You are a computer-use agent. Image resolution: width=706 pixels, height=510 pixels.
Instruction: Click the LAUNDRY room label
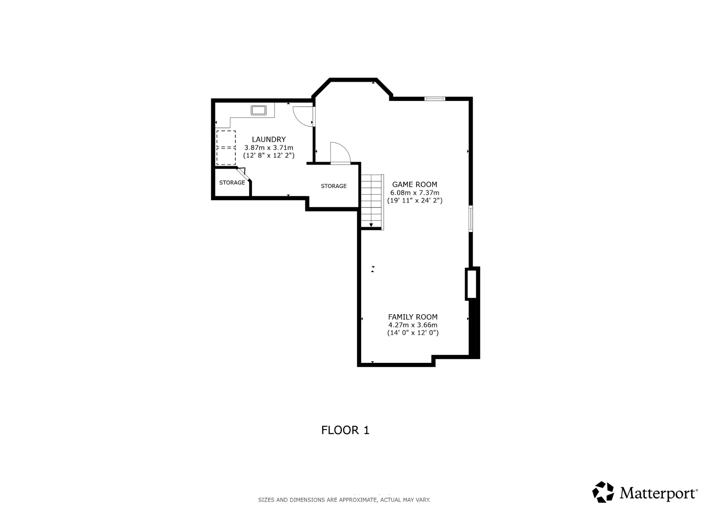click(269, 139)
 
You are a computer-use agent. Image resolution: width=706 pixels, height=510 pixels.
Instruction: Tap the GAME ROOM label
click(415, 184)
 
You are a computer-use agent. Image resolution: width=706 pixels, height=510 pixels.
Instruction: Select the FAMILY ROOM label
click(413, 317)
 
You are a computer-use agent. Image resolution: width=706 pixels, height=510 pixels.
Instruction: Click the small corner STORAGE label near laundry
click(232, 182)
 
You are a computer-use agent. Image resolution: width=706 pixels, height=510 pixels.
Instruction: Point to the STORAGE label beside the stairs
click(333, 186)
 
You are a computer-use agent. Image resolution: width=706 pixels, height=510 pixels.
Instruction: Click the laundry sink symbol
click(258, 110)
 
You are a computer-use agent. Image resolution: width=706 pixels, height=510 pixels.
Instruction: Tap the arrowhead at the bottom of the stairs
click(371, 225)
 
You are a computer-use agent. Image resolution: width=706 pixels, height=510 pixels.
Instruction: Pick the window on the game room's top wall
click(435, 99)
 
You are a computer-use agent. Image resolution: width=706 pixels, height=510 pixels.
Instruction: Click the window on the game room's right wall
click(471, 218)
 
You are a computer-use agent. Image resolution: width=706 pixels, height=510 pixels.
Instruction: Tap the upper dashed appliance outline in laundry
click(226, 139)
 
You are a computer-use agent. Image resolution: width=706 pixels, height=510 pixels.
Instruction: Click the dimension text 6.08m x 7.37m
click(415, 193)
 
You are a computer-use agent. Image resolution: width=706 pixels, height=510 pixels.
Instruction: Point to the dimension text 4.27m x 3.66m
click(413, 325)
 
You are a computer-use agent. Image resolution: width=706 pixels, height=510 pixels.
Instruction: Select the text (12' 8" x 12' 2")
click(269, 155)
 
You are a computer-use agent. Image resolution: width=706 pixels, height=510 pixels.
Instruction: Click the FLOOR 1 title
click(345, 430)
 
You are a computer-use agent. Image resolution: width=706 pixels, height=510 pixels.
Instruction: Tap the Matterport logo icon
click(603, 492)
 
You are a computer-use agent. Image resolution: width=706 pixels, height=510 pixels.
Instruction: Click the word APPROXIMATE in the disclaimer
click(358, 500)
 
